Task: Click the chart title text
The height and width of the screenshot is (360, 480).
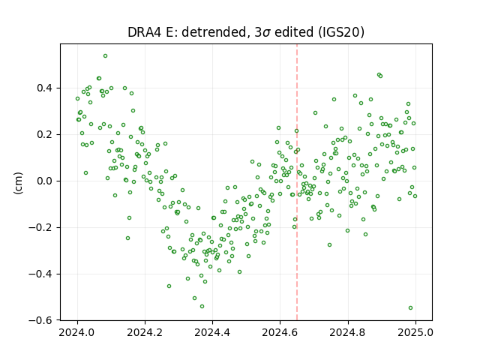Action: point(246,32)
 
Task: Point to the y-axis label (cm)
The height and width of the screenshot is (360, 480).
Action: point(18,183)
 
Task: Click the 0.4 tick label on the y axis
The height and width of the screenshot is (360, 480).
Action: point(45,88)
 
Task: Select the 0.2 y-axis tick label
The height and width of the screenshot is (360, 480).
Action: point(45,135)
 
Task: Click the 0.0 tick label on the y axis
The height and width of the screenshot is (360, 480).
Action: point(45,181)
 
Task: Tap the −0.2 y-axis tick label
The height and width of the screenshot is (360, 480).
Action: point(40,228)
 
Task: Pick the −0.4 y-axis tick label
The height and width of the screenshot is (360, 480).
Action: point(40,274)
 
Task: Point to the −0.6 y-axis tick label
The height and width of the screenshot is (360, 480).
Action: point(40,320)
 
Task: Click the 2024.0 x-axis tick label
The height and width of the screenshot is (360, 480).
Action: point(77,332)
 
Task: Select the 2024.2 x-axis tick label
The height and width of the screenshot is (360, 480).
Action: point(145,332)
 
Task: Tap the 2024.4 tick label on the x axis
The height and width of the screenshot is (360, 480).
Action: point(212,332)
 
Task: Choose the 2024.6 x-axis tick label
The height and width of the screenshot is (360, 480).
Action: point(280,332)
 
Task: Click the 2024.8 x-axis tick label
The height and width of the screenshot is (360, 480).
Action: point(348,332)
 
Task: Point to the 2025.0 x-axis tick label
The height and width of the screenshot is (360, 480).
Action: point(415,332)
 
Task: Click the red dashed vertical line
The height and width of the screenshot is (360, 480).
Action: point(297,182)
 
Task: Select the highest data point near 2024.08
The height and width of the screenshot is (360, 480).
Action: point(105,56)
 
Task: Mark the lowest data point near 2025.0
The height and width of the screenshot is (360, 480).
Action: point(410,308)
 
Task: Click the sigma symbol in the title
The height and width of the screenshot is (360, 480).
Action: point(266,33)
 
